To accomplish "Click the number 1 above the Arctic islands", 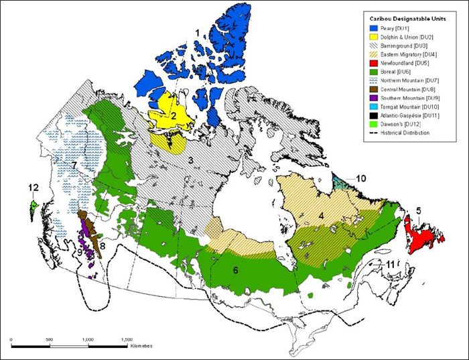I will coord(197,32).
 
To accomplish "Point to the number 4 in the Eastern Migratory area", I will coord(321,215).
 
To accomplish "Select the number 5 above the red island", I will coord(418,211).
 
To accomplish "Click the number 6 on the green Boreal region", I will coord(235,269).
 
